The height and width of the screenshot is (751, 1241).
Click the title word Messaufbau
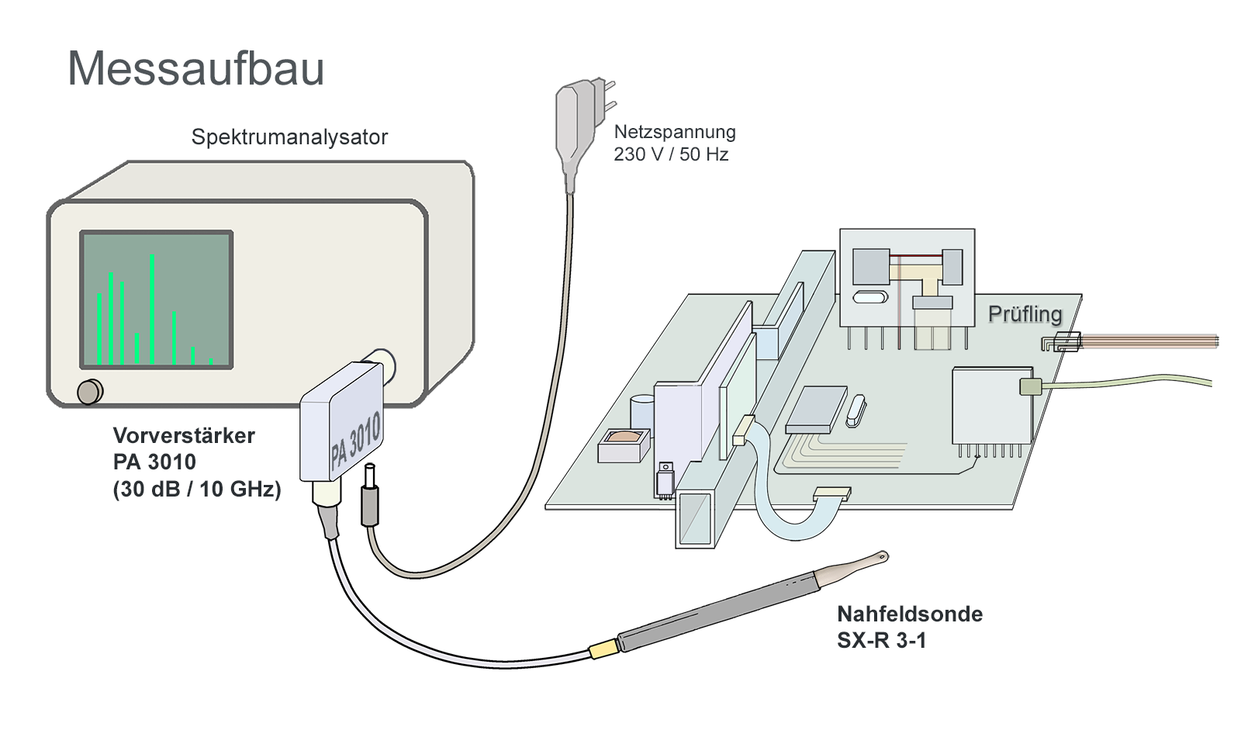pos(195,68)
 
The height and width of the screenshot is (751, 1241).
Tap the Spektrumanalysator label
pos(289,137)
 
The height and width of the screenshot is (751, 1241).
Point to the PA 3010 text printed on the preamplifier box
pos(355,440)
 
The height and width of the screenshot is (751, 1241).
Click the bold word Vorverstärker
pos(184,435)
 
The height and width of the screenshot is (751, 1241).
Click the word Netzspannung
pos(675,132)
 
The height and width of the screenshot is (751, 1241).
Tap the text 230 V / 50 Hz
pos(671,154)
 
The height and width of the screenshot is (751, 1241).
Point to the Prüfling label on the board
pos(1025,314)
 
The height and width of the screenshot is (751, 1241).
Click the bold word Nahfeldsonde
pos(910,614)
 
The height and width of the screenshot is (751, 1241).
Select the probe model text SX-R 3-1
pos(882,641)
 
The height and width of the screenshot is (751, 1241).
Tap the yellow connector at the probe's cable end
pos(602,649)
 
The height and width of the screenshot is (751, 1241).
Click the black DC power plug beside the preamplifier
pos(370,504)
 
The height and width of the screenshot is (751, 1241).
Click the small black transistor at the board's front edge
pos(665,480)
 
